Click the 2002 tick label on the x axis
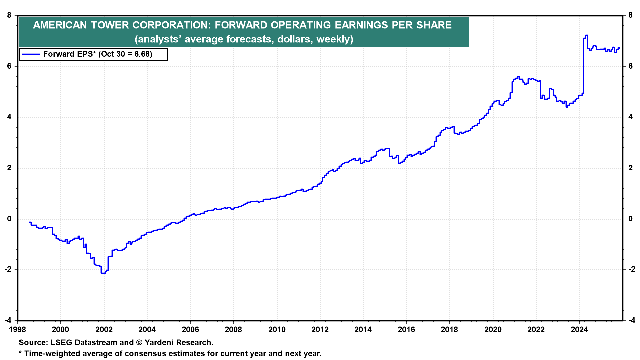coord(104,330)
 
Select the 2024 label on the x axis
coord(579,330)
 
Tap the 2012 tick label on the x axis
coord(320,330)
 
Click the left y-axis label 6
coord(9,66)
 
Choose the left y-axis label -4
coord(8,320)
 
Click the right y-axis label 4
coord(630,117)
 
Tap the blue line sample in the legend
coord(31,54)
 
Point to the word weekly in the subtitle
coord(333,39)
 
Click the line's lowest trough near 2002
coord(103,273)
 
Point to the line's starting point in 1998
coord(30,222)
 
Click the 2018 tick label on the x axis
coord(449,330)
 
